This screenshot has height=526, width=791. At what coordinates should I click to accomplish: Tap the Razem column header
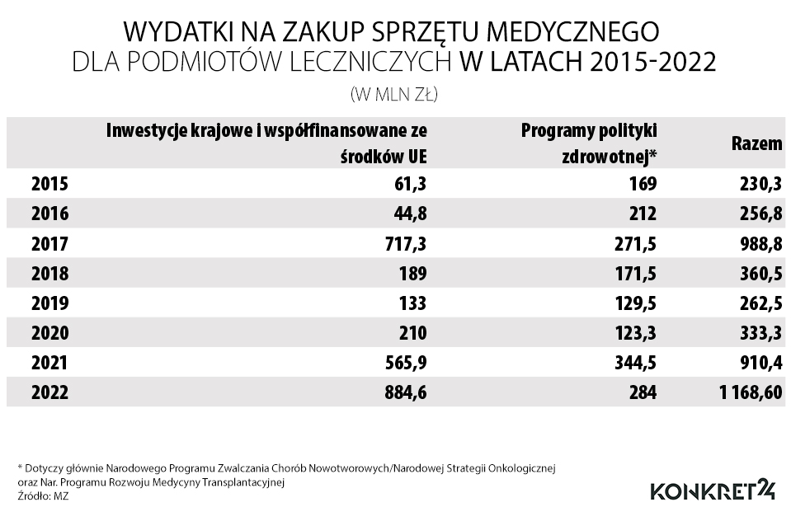point(756,143)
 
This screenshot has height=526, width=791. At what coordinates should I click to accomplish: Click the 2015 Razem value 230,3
point(760,185)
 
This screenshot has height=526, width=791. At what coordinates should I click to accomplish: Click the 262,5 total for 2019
point(760,303)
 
